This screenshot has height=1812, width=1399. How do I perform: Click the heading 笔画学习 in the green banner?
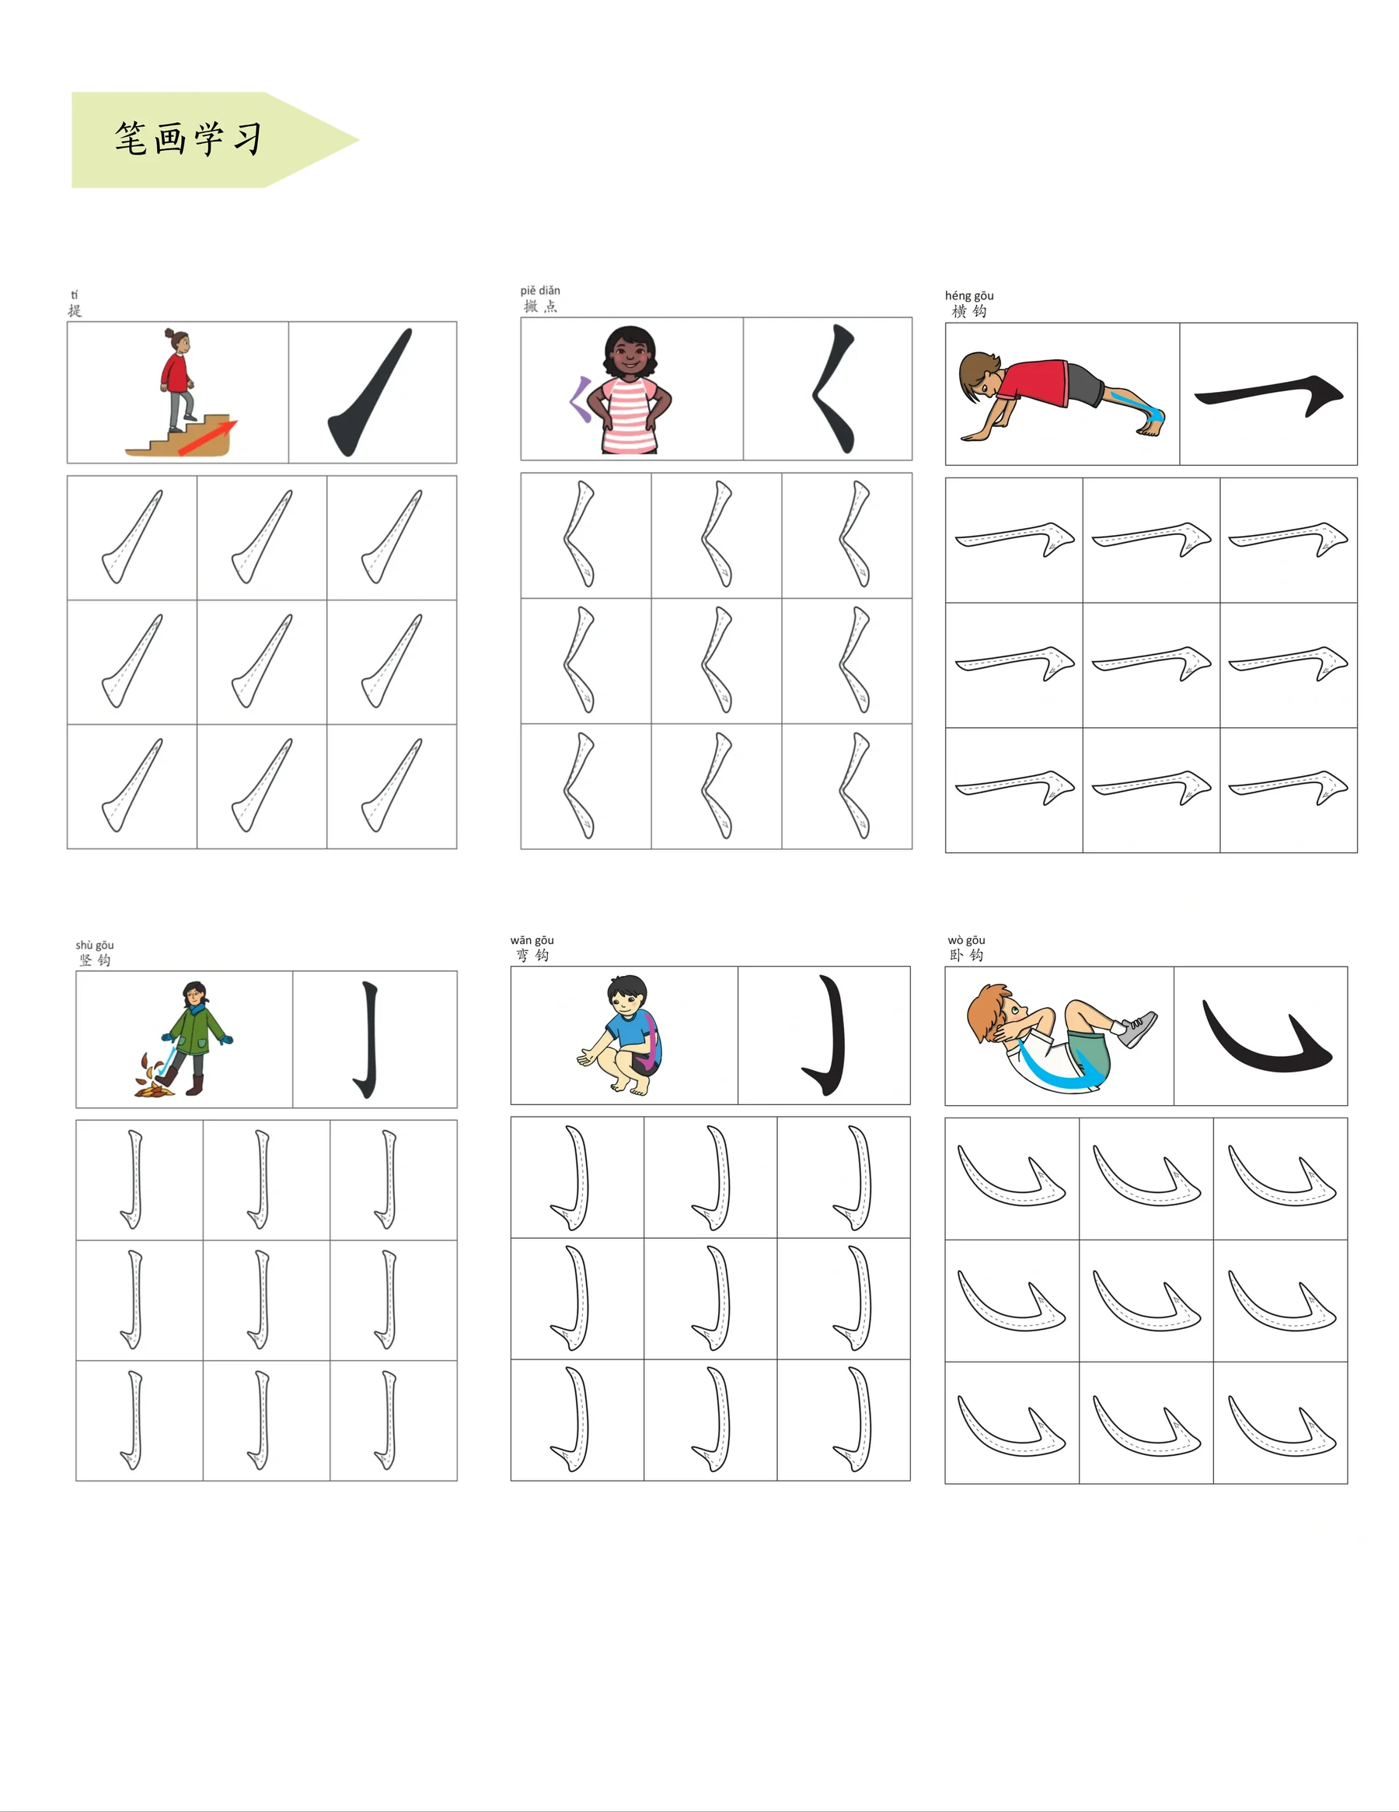point(188,138)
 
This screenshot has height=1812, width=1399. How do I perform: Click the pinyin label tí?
point(75,295)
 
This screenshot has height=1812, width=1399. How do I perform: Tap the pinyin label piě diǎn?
point(540,290)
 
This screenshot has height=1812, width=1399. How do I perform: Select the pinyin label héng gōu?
point(968,296)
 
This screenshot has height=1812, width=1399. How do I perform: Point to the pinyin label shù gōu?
point(95,945)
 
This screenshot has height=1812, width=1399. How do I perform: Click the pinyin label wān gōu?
point(532,940)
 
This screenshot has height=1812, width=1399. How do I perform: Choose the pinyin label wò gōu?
point(966,940)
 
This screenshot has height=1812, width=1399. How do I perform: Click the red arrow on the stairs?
point(208,438)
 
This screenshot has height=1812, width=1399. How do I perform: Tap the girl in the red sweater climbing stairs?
point(176,380)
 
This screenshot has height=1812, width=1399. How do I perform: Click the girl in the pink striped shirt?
point(630,390)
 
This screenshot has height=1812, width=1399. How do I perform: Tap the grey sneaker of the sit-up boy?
point(1136,1030)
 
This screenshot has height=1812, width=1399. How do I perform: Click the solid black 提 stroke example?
point(370,392)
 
